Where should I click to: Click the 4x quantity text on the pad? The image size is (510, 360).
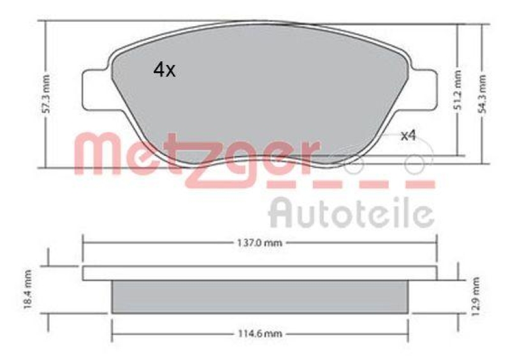[x=164, y=70]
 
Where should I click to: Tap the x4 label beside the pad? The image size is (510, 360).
[x=408, y=135]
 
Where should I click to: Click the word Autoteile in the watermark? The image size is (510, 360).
[x=351, y=213]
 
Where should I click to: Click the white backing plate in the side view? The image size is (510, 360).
[x=259, y=273]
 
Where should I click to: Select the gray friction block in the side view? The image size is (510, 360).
[x=259, y=296]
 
